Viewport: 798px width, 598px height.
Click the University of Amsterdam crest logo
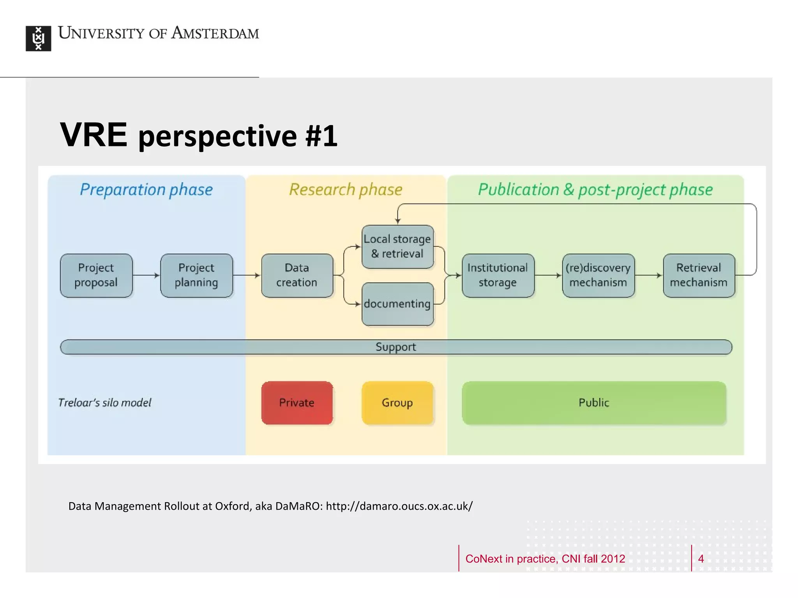[38, 38]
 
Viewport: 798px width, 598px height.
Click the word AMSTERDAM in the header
[215, 33]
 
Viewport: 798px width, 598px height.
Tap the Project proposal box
[96, 275]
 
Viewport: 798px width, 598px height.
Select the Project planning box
[196, 275]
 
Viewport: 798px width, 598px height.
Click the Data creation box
[297, 275]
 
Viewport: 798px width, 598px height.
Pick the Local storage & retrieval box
[397, 246]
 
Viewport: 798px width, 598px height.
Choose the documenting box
[397, 304]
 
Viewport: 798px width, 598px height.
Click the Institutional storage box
[498, 275]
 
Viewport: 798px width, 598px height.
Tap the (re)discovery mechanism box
[598, 275]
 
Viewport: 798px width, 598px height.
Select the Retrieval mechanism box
[699, 275]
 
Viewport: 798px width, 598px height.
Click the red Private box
[297, 403]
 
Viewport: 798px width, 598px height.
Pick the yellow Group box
[397, 403]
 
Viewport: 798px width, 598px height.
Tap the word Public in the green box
[593, 403]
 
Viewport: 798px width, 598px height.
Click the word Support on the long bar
[395, 347]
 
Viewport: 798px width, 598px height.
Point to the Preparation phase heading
[147, 190]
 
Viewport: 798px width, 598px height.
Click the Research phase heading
[346, 190]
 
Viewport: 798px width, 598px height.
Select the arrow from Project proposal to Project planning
[147, 275]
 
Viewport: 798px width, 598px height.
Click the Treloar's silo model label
[104, 403]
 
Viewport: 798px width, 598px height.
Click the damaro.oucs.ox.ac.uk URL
[399, 506]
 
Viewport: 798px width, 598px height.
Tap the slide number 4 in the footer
[701, 559]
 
